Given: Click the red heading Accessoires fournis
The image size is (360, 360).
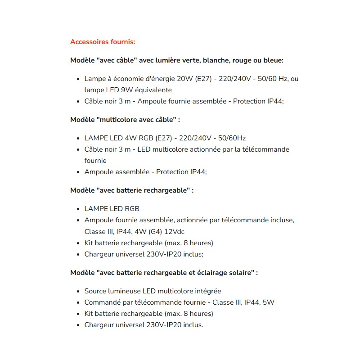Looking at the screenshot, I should click(103, 42).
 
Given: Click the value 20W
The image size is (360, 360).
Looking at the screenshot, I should click(185, 78).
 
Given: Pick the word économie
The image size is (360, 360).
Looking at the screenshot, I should click(126, 78).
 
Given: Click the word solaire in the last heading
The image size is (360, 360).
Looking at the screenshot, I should click(241, 273).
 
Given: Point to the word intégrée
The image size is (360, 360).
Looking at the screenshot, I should click(207, 291).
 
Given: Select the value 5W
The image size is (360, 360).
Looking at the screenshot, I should click(268, 302).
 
